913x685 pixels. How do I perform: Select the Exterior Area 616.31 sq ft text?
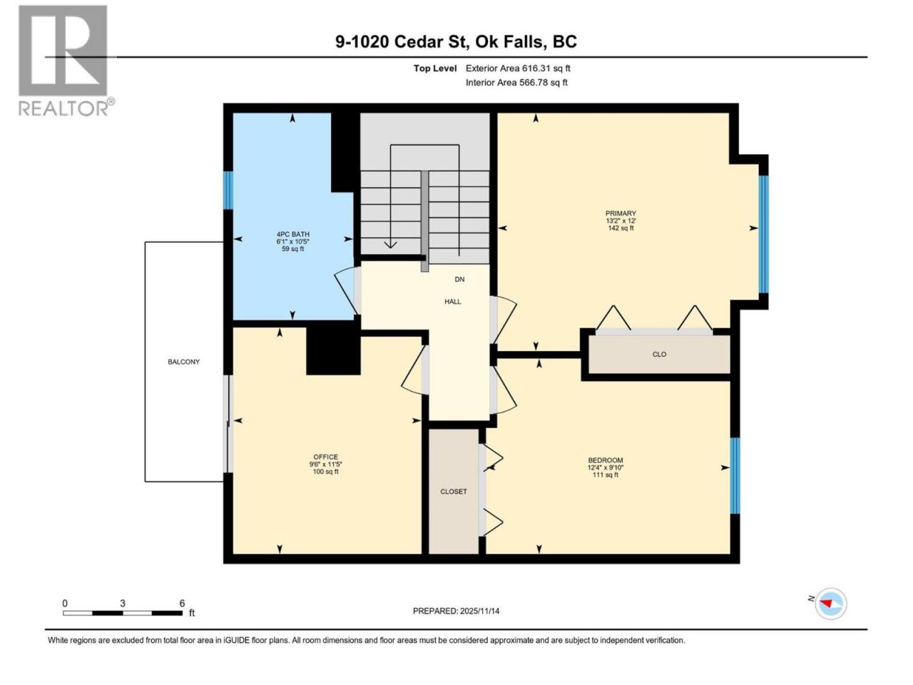[518, 68]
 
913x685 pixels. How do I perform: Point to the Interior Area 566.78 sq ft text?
[516, 82]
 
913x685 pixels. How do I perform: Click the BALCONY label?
[183, 362]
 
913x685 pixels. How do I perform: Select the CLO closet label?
[659, 355]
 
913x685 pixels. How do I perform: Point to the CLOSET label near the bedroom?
[454, 492]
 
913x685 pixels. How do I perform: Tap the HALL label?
[452, 302]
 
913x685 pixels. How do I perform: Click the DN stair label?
[459, 279]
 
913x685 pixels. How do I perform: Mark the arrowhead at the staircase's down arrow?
[390, 245]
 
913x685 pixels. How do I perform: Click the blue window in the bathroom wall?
[228, 190]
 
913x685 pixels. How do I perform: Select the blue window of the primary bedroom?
[764, 234]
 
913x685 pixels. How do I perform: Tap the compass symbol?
[830, 604]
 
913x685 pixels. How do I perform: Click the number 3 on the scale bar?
[122, 603]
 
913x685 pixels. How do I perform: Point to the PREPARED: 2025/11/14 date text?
[456, 611]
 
